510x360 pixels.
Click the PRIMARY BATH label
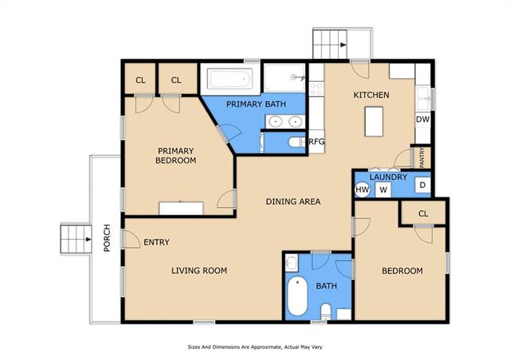click(x=256, y=104)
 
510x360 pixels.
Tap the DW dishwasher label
click(x=422, y=119)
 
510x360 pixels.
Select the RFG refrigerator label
click(x=316, y=142)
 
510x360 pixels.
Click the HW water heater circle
click(x=363, y=190)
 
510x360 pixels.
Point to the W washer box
click(x=383, y=190)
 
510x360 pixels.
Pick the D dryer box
click(x=422, y=186)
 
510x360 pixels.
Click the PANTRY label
click(x=422, y=158)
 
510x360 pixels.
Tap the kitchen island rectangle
click(x=374, y=121)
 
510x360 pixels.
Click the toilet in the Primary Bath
click(x=297, y=142)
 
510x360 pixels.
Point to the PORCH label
click(x=107, y=238)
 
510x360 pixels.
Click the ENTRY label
click(x=156, y=242)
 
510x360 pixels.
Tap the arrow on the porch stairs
click(x=88, y=240)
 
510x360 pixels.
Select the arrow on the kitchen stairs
click(x=343, y=45)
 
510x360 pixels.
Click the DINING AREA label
click(x=293, y=202)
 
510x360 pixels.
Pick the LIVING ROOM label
click(x=199, y=271)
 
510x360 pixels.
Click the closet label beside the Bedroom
click(x=423, y=213)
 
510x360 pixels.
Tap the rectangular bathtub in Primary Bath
click(x=230, y=79)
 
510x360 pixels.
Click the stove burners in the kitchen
click(x=316, y=88)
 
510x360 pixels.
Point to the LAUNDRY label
click(x=388, y=177)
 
